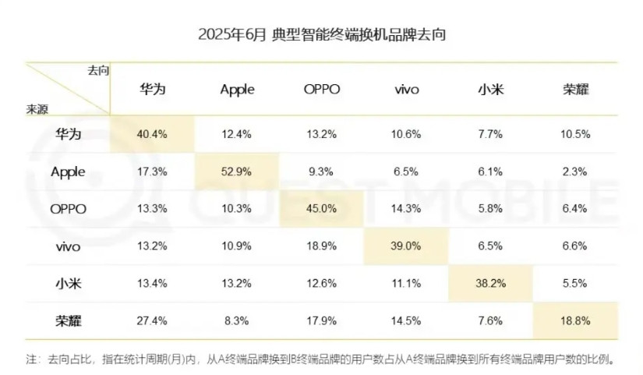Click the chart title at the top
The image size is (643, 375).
(321, 36)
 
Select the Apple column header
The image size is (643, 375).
(237, 90)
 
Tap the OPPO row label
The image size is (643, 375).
(68, 209)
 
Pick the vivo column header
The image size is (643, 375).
(406, 90)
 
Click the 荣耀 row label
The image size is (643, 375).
(68, 320)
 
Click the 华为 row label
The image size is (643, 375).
(68, 134)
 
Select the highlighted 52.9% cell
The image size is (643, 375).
(237, 172)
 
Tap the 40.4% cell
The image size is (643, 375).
(153, 134)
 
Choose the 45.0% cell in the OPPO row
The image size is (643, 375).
(322, 209)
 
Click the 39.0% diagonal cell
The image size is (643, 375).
(406, 246)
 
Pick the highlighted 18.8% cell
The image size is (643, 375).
(575, 320)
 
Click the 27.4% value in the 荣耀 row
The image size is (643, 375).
(153, 320)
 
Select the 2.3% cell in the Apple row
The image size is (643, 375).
(575, 172)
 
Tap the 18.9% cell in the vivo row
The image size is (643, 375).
(322, 246)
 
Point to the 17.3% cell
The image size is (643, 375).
(153, 172)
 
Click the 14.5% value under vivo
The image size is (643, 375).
(406, 320)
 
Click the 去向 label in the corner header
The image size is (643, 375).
(98, 70)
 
